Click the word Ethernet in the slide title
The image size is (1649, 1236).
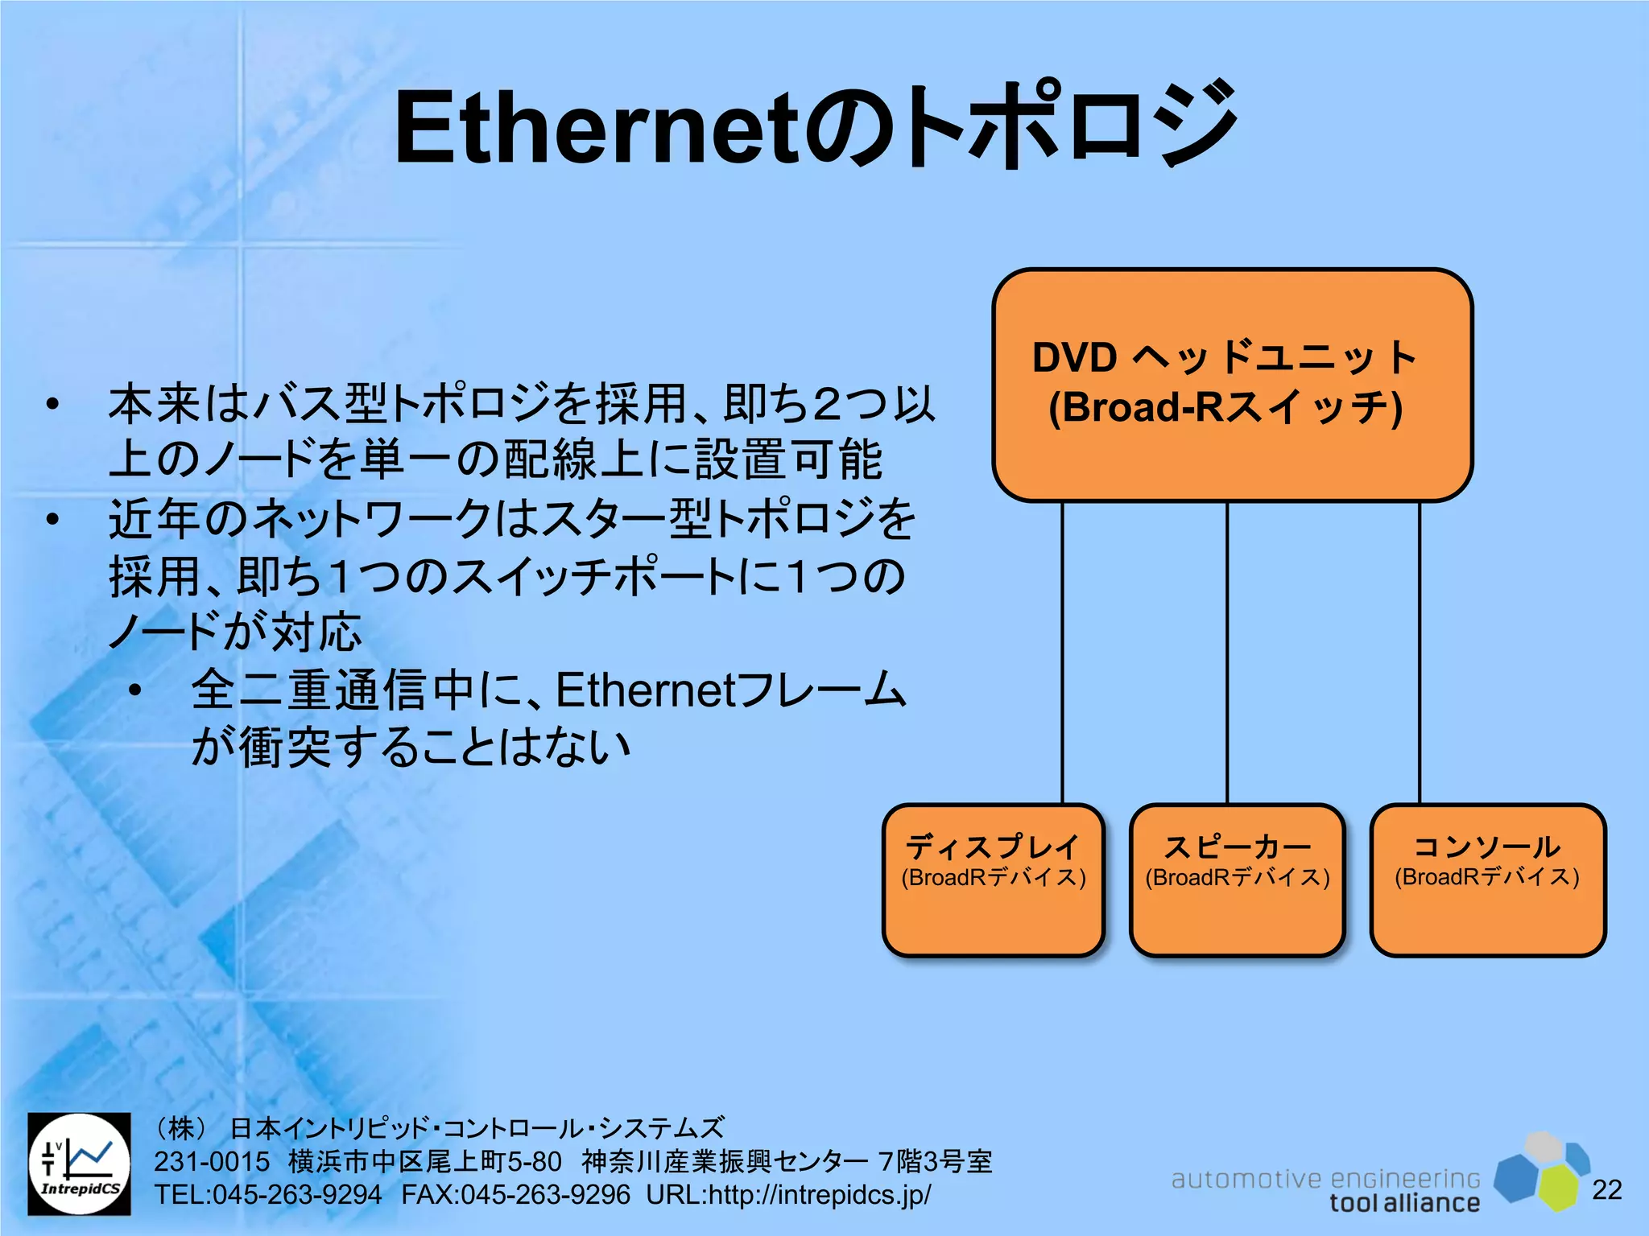click(596, 129)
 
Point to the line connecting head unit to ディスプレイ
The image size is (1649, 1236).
click(1063, 652)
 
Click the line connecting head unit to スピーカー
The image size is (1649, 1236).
click(1227, 652)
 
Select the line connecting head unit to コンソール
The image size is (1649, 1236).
click(1419, 652)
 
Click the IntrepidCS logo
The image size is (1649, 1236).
click(80, 1164)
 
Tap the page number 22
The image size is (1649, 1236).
click(1607, 1189)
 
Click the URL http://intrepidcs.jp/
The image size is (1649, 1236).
click(819, 1195)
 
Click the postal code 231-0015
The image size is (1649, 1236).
click(212, 1162)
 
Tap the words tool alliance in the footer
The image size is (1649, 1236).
click(1404, 1203)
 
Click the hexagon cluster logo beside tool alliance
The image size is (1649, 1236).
click(1542, 1171)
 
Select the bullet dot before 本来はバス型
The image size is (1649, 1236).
click(53, 405)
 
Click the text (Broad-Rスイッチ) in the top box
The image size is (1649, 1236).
click(1225, 407)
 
